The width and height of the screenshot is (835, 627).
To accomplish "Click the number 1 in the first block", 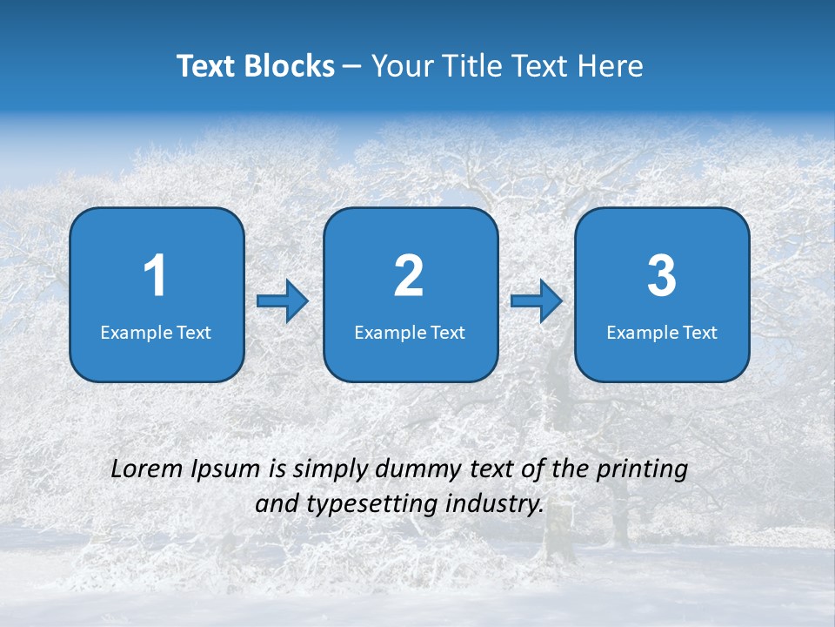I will [156, 276].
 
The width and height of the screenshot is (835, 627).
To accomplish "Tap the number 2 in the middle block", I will [409, 276].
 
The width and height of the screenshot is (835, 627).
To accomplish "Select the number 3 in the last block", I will [662, 276].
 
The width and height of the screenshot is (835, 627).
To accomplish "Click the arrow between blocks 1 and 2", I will [284, 301].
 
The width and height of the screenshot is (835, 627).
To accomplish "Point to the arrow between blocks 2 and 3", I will [537, 301].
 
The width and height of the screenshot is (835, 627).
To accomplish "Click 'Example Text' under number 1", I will [156, 333].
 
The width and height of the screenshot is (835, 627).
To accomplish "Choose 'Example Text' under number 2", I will [410, 333].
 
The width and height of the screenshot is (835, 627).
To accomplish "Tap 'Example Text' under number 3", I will [662, 333].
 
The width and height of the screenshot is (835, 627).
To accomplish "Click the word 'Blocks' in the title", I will [289, 66].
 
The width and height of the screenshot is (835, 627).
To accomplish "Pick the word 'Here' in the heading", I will [611, 66].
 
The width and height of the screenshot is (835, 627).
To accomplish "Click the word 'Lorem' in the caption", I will [147, 469].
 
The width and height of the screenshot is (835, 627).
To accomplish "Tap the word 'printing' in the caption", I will [642, 470].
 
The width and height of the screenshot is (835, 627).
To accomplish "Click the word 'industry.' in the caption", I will [495, 504].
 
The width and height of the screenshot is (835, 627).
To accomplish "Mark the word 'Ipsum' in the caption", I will [225, 470].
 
